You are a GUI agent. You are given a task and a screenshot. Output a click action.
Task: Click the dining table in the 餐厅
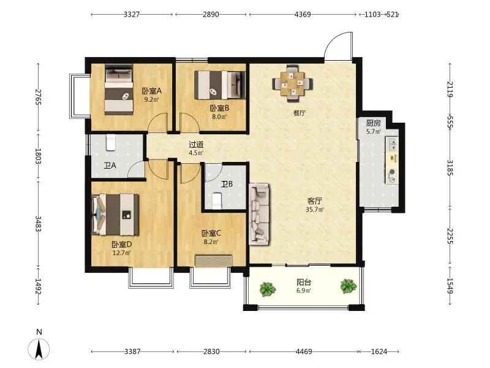pyautogui.click(x=292, y=83)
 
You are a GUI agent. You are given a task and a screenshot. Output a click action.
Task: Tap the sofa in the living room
pyautogui.click(x=259, y=213)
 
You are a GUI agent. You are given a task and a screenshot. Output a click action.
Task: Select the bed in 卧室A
pyautogui.click(x=119, y=90)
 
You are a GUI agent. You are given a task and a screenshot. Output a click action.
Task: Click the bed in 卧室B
pyautogui.click(x=220, y=85)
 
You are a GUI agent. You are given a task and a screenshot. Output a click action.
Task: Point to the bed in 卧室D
pyautogui.click(x=115, y=214)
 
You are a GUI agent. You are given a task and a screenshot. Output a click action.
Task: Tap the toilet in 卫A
pyautogui.click(x=111, y=142)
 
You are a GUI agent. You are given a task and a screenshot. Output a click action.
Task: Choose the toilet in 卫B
pyautogui.click(x=217, y=201)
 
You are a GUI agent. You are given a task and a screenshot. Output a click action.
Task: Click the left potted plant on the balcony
pyautogui.click(x=268, y=289)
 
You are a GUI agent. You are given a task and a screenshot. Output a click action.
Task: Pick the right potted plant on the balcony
pyautogui.click(x=349, y=286)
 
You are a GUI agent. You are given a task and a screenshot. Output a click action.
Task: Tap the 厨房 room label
pyautogui.click(x=374, y=123)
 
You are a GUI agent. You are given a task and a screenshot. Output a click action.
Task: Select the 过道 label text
pyautogui.click(x=196, y=145)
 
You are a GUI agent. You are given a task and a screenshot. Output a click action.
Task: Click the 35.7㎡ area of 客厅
pyautogui.click(x=315, y=210)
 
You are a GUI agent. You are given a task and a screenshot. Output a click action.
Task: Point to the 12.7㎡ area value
pyautogui.click(x=121, y=253)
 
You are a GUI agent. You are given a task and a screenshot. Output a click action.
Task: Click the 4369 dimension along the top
pyautogui.click(x=303, y=14)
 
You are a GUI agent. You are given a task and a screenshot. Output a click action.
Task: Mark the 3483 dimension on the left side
pyautogui.click(x=38, y=224)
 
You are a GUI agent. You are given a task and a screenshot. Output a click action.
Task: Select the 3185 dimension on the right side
pyautogui.click(x=450, y=167)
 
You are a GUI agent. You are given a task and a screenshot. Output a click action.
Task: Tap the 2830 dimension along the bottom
pyautogui.click(x=211, y=351)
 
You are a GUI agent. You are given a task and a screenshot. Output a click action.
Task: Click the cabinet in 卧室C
pyautogui.click(x=214, y=261)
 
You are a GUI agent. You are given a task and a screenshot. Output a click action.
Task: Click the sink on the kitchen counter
pyautogui.click(x=392, y=144)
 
